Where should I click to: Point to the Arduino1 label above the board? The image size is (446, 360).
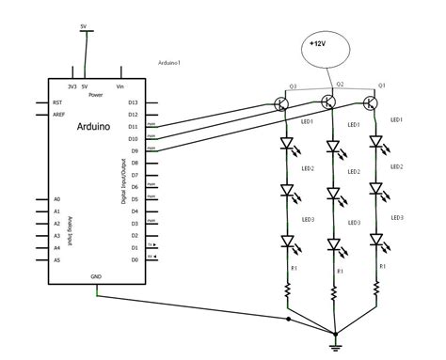[x=173, y=64]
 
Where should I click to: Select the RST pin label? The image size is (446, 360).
[x=57, y=102]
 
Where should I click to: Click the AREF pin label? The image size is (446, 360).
[x=58, y=114]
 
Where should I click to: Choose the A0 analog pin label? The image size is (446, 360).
[x=56, y=199]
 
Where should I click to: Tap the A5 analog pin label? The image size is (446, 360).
[x=56, y=259]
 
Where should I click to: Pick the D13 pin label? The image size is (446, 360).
[x=132, y=102]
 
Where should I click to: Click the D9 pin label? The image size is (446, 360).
[x=133, y=150]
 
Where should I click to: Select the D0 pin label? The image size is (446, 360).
[x=133, y=259]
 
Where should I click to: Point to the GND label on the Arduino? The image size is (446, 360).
[x=96, y=276]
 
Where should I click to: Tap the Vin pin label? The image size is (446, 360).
[x=119, y=86]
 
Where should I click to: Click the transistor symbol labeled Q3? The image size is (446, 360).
[x=283, y=103]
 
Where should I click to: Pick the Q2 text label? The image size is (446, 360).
[x=340, y=85]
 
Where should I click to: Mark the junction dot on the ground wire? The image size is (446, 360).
[x=288, y=318]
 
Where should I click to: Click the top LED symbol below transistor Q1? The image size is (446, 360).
[x=375, y=143]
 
